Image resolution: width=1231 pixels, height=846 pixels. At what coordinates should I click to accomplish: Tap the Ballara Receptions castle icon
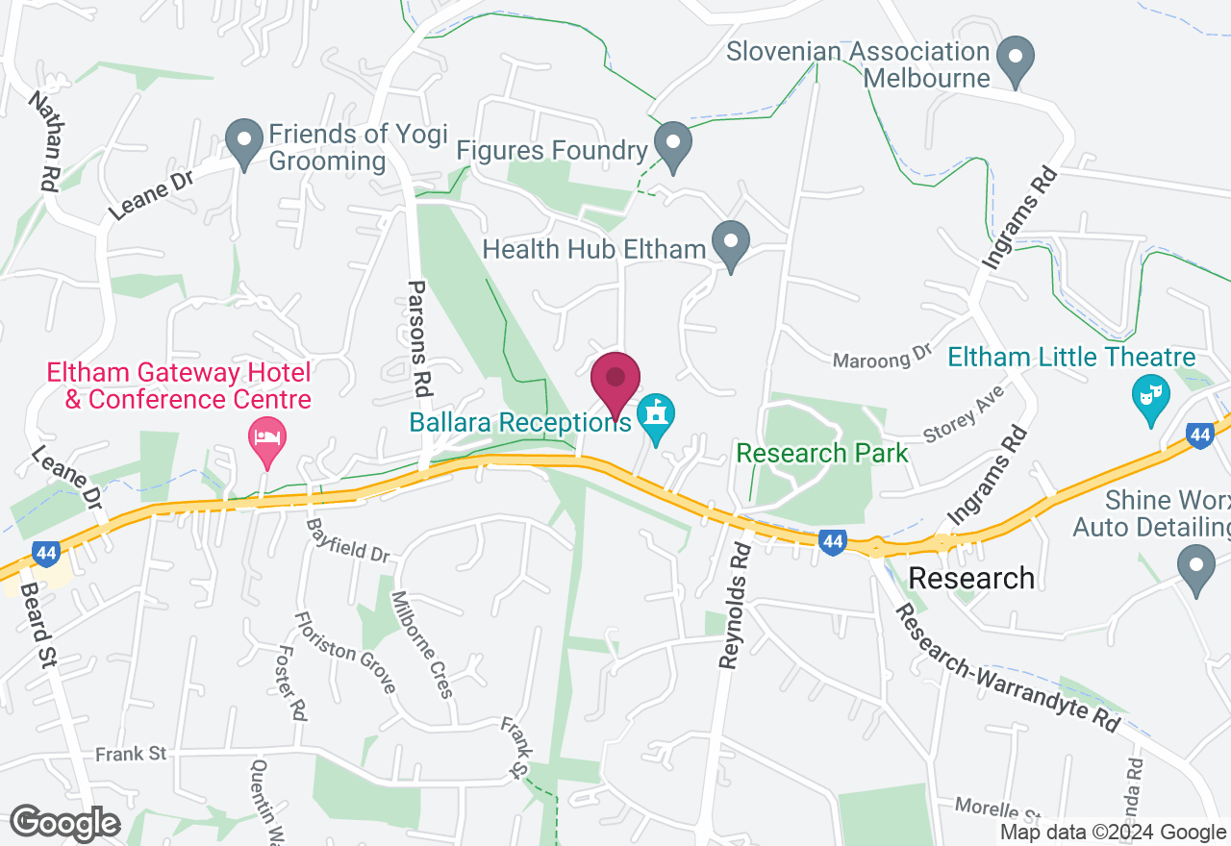point(656,414)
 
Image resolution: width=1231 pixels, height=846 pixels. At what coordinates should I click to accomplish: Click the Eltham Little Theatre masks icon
point(1149,395)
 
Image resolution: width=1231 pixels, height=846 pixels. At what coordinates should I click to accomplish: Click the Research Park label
point(822,453)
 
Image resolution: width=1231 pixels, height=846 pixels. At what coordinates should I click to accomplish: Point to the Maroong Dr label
point(883,358)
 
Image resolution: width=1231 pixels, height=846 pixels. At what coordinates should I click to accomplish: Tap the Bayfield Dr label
point(348,540)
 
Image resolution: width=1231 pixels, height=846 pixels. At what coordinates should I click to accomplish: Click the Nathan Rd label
point(45,140)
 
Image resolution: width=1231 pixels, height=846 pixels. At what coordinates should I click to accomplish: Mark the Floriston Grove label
point(345,652)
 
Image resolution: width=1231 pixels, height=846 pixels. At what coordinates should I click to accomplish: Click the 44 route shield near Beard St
point(43,553)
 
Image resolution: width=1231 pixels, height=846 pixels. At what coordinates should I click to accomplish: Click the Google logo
point(64,823)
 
